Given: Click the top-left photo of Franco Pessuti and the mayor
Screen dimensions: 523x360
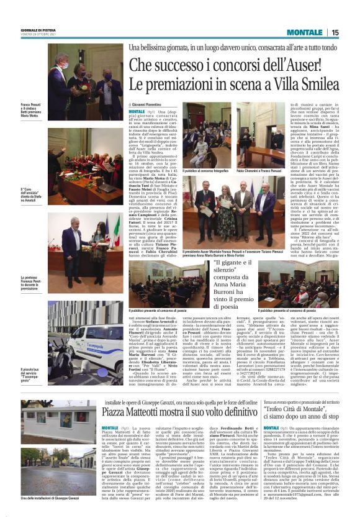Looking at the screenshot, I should [x=84, y=81].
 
